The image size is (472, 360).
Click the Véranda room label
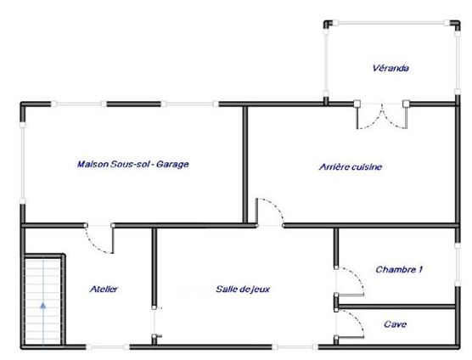point(391,68)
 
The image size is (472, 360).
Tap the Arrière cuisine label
point(351,166)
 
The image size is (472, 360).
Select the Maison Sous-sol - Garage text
point(132,164)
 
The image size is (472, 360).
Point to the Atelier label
point(104,289)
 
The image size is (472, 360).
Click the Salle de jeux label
point(243,290)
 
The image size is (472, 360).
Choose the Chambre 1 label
point(399,269)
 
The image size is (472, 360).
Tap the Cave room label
point(396,324)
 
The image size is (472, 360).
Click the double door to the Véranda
point(382,115)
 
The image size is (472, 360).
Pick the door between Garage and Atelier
point(99,239)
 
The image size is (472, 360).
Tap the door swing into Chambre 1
point(350,281)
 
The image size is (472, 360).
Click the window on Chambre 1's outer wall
point(458,265)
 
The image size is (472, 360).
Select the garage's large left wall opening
point(23,163)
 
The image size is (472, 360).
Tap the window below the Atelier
point(108,347)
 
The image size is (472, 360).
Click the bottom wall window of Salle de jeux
point(295,347)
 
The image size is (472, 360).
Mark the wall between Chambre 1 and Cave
point(396,307)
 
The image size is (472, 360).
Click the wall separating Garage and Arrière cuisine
point(245,165)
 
